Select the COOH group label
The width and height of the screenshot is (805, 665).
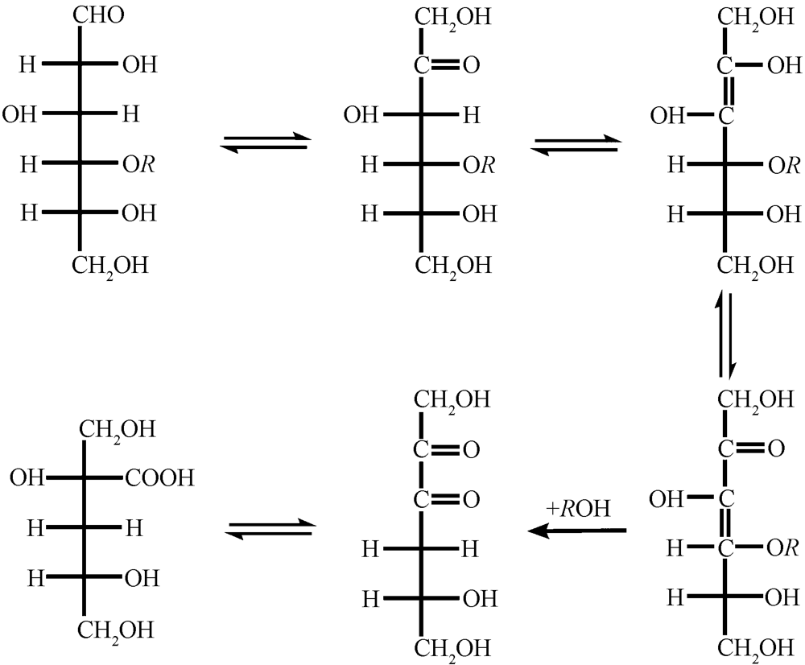[x=159, y=479]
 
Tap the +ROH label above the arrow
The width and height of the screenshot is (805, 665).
[x=578, y=508]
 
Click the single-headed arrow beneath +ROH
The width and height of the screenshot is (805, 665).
[x=576, y=531]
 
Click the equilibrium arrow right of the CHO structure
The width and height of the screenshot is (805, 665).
[x=266, y=142]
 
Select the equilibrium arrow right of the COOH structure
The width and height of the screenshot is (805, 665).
[x=270, y=528]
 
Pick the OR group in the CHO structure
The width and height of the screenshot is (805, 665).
[x=139, y=163]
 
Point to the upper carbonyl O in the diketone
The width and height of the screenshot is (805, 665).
[x=472, y=448]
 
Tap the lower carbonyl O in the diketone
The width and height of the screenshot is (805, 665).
[x=472, y=499]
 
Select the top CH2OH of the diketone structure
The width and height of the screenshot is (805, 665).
[x=452, y=399]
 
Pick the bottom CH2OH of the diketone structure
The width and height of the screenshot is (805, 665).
[x=452, y=647]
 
